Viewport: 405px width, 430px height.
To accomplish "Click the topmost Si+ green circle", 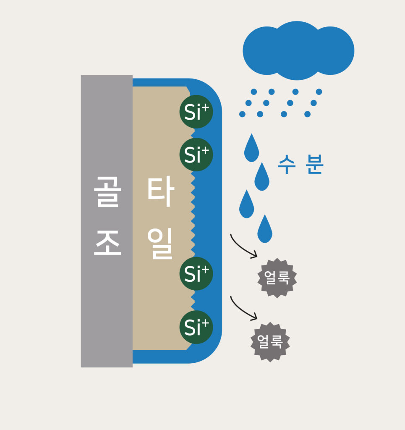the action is [x=196, y=112].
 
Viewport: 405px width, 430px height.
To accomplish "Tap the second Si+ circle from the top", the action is [x=196, y=155].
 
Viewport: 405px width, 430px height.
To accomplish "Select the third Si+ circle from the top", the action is [x=196, y=273].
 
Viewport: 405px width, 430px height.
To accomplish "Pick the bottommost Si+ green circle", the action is [x=196, y=327].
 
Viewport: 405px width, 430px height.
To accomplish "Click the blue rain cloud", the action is [x=298, y=50].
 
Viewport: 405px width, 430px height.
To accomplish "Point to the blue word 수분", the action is [x=301, y=164].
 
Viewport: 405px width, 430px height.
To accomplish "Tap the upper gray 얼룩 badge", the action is [x=277, y=278].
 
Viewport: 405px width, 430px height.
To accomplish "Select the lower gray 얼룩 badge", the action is [x=270, y=342].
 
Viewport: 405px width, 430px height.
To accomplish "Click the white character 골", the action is [x=107, y=191].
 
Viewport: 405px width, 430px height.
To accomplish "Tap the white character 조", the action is [x=107, y=243].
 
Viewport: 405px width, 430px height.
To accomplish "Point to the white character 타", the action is [x=161, y=191].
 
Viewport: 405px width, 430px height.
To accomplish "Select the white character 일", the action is [x=160, y=243].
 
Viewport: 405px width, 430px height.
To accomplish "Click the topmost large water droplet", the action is [x=251, y=148].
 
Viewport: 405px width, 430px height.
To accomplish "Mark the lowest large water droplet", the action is [x=265, y=229].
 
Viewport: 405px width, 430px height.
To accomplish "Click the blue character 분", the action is [x=315, y=164].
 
